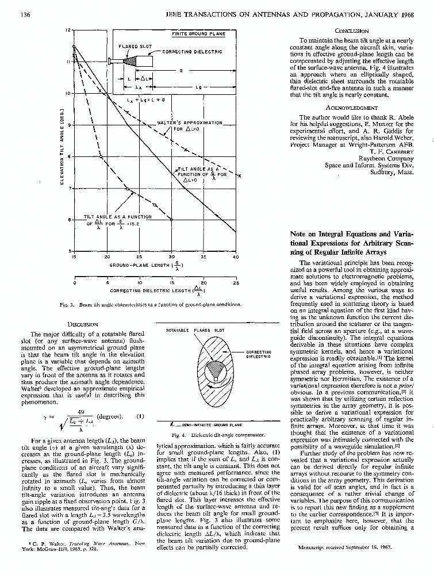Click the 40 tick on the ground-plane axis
236,256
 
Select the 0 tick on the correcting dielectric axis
75,283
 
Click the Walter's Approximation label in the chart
190,122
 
